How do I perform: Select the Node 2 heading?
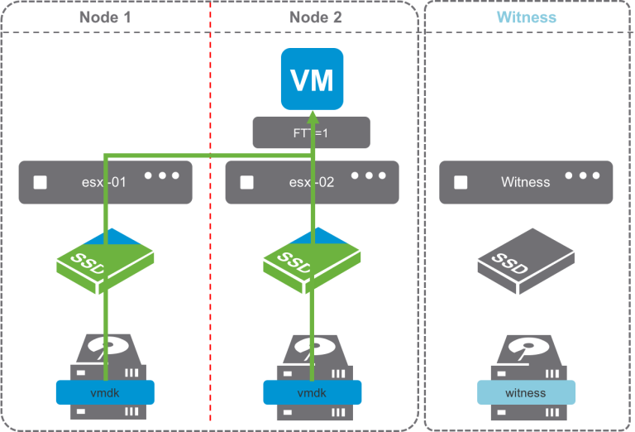click(316, 17)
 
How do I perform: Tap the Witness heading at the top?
click(526, 17)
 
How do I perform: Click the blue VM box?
click(312, 80)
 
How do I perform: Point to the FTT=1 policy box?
click(311, 132)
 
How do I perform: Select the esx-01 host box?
click(106, 182)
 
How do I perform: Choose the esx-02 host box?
click(312, 182)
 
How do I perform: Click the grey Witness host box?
click(526, 182)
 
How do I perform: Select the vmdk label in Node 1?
click(105, 391)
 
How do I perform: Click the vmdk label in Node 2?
click(312, 391)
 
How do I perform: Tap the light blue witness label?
click(526, 391)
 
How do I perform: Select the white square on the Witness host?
click(461, 182)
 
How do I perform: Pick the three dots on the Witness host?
click(584, 176)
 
